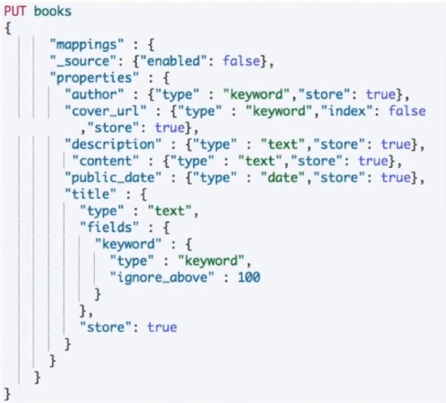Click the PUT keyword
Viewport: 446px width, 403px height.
pos(16,12)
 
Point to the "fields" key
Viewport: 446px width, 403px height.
pos(103,227)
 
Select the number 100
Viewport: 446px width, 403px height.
pos(249,277)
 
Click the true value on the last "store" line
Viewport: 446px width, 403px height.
pos(162,327)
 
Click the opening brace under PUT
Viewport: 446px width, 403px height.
pos(7,28)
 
